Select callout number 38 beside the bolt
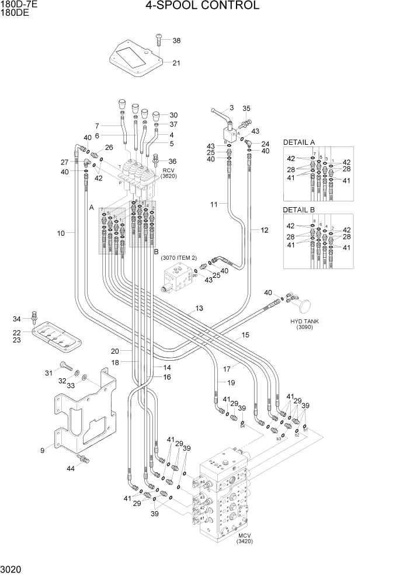click(176, 40)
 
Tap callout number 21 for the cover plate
click(176, 63)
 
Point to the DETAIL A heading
click(299, 142)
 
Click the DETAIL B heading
click(299, 210)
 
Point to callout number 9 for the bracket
click(42, 450)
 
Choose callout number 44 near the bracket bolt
click(71, 469)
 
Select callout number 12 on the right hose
click(264, 230)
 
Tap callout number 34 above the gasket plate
click(16, 319)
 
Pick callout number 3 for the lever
click(231, 107)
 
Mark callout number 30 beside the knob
click(173, 115)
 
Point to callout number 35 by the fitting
click(246, 108)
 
